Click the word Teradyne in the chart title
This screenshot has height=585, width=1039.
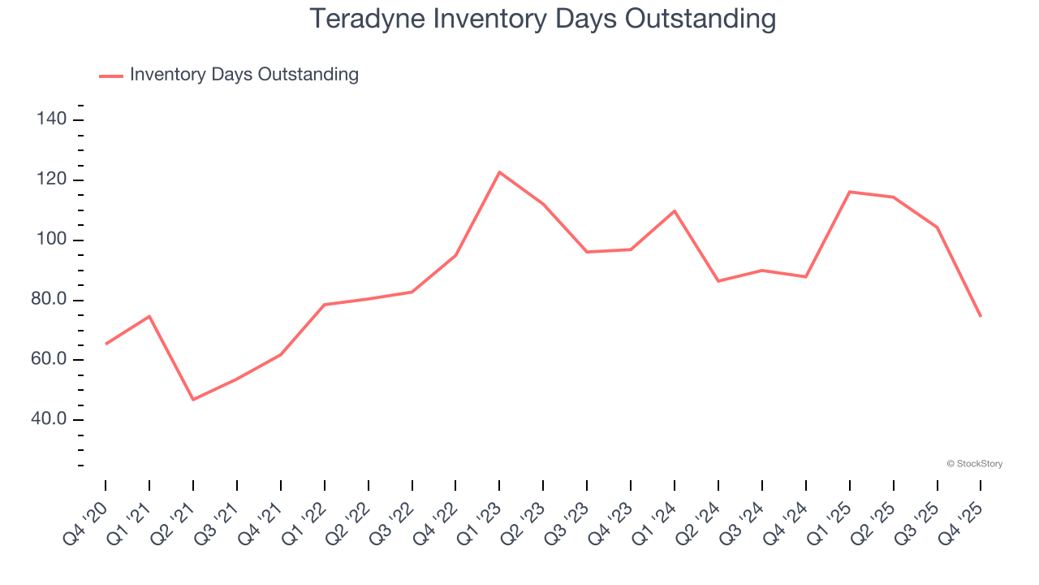368,18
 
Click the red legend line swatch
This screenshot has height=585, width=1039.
110,76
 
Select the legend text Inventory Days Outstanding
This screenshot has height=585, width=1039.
244,75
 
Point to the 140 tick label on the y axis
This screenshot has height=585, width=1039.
51,119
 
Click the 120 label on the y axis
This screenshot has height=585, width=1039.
51,180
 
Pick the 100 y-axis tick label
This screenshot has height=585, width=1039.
51,240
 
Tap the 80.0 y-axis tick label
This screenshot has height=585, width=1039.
47,300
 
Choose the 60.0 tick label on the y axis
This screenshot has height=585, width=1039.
47,360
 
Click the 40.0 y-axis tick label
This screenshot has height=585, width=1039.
47,420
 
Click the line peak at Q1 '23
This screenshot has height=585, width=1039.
499,172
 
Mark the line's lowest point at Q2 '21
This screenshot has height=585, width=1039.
193,400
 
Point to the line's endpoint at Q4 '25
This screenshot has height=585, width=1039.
981,316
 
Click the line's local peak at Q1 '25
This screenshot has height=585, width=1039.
849,192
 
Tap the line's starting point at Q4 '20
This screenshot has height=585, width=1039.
106,344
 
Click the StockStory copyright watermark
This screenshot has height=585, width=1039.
974,464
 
